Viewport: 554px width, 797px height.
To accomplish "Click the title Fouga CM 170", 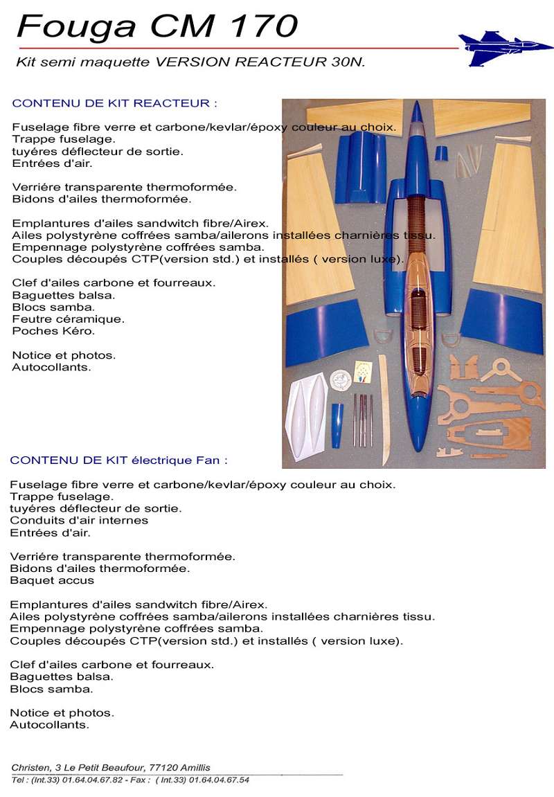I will tap(157, 26).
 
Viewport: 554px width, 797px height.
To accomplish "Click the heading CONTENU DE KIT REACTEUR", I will tap(115, 103).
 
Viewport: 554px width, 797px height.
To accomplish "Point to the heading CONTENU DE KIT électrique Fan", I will tap(118, 460).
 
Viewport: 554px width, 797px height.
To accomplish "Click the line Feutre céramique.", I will tap(69, 319).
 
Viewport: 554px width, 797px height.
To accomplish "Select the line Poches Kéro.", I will tap(53, 331).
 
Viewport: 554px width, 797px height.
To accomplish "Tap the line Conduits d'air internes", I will tap(79, 520).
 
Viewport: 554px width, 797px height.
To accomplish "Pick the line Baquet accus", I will tap(52, 580).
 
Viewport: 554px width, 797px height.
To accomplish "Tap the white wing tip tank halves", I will tap(307, 416).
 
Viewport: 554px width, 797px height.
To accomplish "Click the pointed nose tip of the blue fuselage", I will tap(416, 105).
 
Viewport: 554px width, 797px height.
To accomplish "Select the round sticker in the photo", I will tap(341, 379).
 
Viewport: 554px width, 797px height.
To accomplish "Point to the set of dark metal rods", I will tap(363, 420).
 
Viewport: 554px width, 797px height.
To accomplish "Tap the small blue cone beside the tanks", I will tap(337, 424).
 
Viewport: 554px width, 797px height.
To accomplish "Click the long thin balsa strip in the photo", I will tap(384, 409).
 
